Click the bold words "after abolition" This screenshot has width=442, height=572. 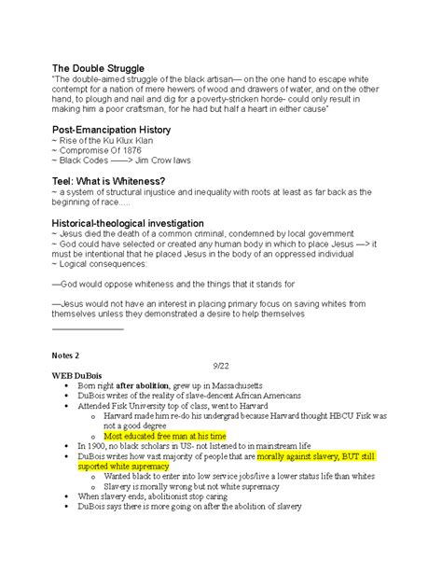(156, 384)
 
